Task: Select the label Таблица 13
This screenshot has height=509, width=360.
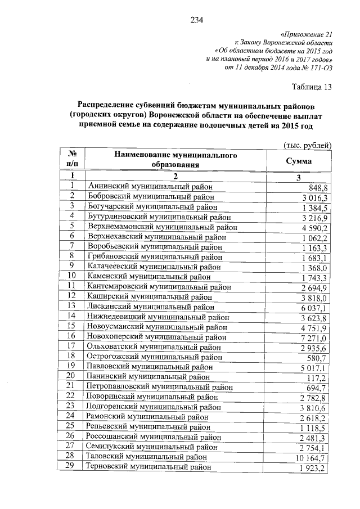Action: pos(312,87)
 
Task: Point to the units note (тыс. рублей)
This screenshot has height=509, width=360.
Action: pos(308,145)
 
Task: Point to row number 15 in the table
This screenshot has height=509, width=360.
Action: pos(71,326)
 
